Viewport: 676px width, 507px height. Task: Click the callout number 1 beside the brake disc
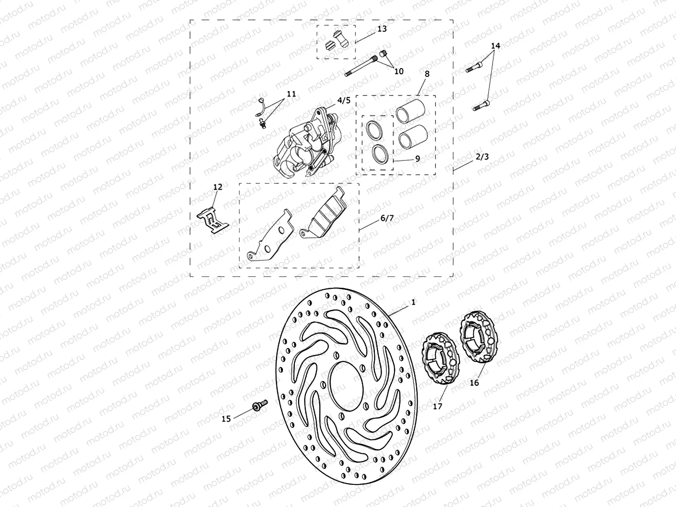(x=413, y=302)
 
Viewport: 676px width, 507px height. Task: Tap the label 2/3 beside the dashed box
(x=482, y=157)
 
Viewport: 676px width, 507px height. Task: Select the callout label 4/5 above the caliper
(x=344, y=100)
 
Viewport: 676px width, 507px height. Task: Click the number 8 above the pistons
(x=427, y=74)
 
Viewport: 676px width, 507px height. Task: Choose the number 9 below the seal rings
(x=417, y=158)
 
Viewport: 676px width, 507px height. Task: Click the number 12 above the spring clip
(x=218, y=187)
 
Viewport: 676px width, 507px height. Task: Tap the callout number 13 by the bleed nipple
(x=382, y=29)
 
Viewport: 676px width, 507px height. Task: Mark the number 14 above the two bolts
(x=495, y=46)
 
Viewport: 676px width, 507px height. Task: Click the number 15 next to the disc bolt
(x=226, y=419)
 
